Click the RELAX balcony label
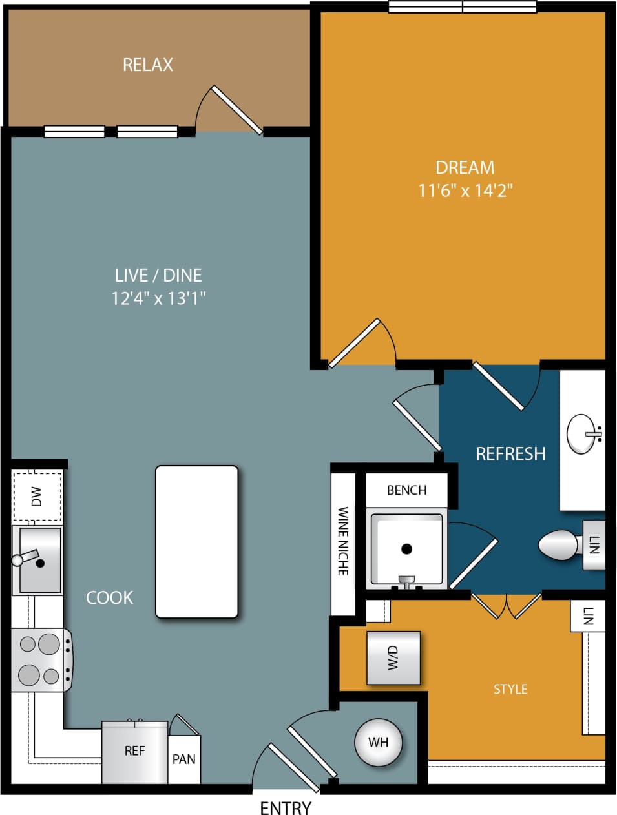pyautogui.click(x=148, y=65)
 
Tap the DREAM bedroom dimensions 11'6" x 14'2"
pyautogui.click(x=465, y=191)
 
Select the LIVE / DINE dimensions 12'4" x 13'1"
pyautogui.click(x=158, y=298)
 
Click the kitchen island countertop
pyautogui.click(x=196, y=541)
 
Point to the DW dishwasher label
pyautogui.click(x=37, y=497)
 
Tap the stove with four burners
pyautogui.click(x=40, y=659)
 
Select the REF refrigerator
pyautogui.click(x=134, y=751)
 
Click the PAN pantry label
pyautogui.click(x=184, y=759)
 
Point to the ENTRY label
pyautogui.click(x=286, y=807)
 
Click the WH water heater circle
pyautogui.click(x=379, y=742)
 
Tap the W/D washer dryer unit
pyautogui.click(x=393, y=657)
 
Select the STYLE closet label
pyautogui.click(x=510, y=689)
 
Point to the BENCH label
pyautogui.click(x=406, y=490)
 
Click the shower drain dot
pyautogui.click(x=406, y=549)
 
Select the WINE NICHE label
pyautogui.click(x=343, y=541)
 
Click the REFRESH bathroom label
pyautogui.click(x=510, y=453)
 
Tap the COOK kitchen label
pyautogui.click(x=110, y=597)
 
